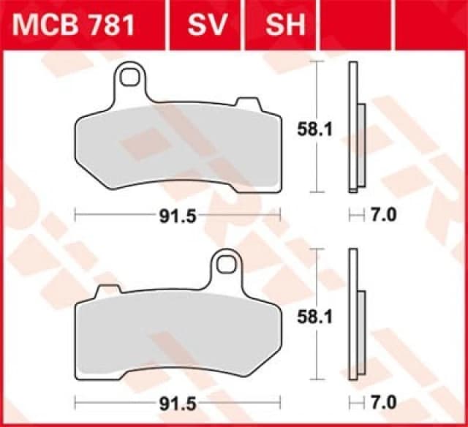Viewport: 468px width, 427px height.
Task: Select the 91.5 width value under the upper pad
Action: (178, 215)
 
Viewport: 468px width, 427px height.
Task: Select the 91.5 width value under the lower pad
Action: (178, 404)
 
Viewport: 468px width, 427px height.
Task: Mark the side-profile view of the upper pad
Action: (355, 128)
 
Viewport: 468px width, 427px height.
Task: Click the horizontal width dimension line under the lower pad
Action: (117, 404)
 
